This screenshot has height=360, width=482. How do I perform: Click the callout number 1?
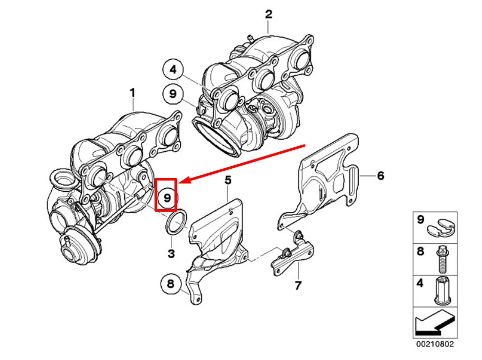pos(132,93)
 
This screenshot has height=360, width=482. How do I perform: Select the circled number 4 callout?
pos(173,70)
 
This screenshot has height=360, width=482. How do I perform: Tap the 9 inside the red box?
pos(166,195)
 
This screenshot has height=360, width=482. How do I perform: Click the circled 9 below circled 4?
pos(173,94)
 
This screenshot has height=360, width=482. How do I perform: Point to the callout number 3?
pos(171,254)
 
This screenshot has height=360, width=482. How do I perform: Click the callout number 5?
pos(228,179)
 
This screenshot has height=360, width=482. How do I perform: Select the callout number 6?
pos(380,176)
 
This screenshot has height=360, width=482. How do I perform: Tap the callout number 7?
pos(298,285)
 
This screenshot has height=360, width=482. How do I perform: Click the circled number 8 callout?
pos(170,283)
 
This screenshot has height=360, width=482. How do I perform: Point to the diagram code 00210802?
pos(434,345)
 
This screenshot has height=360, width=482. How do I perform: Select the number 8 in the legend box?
pos(421,252)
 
